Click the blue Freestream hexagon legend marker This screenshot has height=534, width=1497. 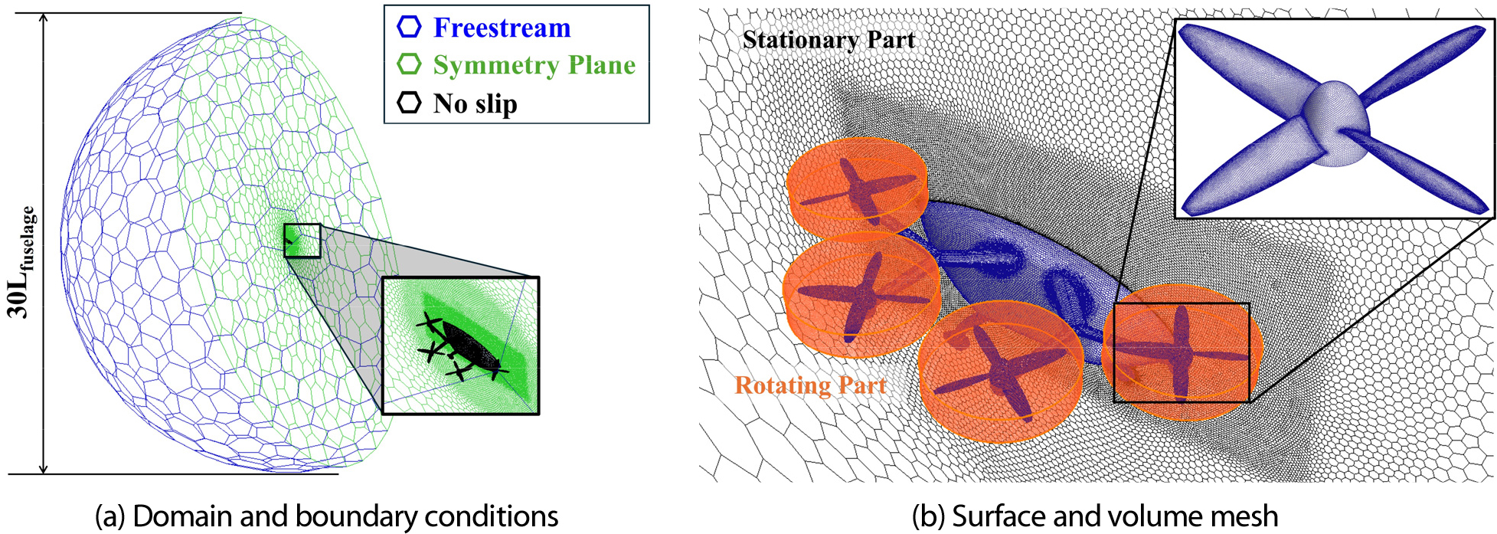(x=409, y=28)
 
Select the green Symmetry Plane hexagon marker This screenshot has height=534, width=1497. (x=409, y=64)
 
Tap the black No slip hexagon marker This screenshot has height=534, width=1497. (x=409, y=103)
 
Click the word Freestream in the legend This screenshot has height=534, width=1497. (x=502, y=28)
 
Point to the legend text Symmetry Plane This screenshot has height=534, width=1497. (x=534, y=65)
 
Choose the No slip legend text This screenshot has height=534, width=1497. (x=476, y=103)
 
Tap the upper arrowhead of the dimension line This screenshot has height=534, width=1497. (x=44, y=20)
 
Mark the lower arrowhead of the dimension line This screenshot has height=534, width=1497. (x=44, y=467)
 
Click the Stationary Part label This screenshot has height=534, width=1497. (x=829, y=40)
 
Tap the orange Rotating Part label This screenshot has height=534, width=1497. (x=810, y=385)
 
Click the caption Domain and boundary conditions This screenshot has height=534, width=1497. (x=326, y=516)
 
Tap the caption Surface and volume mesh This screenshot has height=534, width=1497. (x=1095, y=516)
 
